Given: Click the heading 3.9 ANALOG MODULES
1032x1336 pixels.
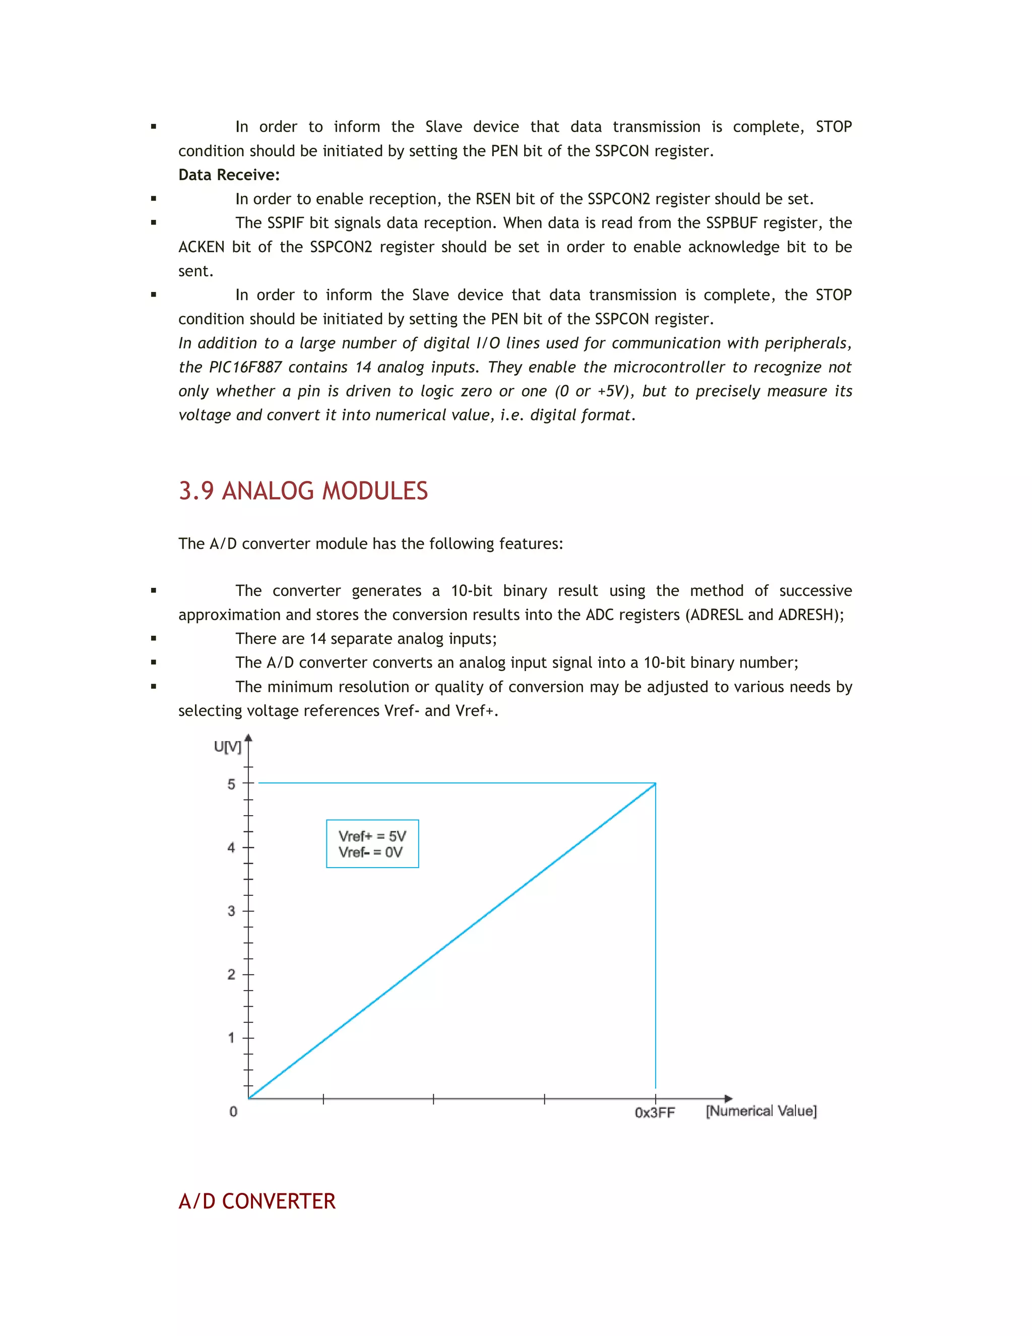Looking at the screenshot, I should point(303,491).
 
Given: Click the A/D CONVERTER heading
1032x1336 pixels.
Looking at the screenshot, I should point(257,1201).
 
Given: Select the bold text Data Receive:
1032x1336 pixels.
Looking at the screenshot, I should point(229,175).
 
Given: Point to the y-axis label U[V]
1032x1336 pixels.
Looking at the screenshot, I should point(227,747).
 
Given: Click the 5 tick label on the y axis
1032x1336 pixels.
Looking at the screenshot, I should point(231,784).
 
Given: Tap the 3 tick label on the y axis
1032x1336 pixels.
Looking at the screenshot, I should point(231,911).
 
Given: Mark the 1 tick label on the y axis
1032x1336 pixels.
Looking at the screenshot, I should point(231,1038).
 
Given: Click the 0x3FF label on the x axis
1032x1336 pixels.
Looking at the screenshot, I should point(654,1113).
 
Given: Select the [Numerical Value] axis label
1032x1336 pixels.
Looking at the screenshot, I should point(760,1111).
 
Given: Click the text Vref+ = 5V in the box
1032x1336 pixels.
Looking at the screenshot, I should point(372,835).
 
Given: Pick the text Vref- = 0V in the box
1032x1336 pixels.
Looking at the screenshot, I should point(370,852).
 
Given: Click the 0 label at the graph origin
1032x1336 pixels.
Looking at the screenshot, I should point(233,1112).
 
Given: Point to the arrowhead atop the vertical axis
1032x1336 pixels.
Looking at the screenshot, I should point(248,739).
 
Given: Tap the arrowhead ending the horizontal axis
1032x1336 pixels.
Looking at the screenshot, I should point(728,1099).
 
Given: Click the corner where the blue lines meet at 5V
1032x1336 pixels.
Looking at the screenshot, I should point(656,783).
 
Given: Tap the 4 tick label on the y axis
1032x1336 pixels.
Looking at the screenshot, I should point(231,848).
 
